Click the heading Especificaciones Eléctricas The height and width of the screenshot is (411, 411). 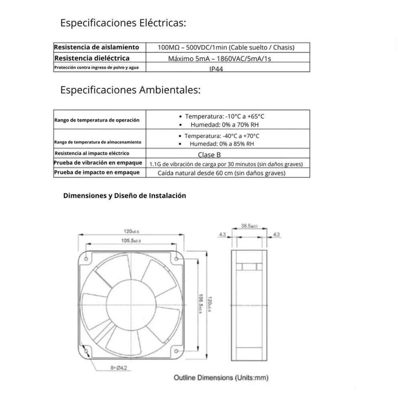click(x=123, y=23)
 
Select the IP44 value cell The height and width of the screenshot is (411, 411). click(x=216, y=69)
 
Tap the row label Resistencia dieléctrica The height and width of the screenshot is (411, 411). click(x=92, y=58)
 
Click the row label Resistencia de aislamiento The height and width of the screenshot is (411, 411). click(x=96, y=47)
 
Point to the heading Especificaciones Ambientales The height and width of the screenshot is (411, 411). click(x=130, y=90)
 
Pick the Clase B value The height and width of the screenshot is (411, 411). click(x=209, y=155)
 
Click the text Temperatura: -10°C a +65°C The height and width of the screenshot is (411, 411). click(x=224, y=116)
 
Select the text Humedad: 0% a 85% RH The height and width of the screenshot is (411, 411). click(x=222, y=144)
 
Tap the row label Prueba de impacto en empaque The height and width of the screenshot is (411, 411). click(x=97, y=172)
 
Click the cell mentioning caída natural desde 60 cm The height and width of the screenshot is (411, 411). click(x=222, y=173)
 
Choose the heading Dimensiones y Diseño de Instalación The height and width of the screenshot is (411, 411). click(x=124, y=196)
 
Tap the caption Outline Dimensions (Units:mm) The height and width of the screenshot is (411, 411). click(x=221, y=378)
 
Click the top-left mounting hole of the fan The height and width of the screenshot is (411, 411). click(x=86, y=259)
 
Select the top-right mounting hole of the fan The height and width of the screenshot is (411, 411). click(x=176, y=259)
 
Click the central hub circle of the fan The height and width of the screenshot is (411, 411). click(x=131, y=305)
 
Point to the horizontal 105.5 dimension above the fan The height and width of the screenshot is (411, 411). click(x=130, y=240)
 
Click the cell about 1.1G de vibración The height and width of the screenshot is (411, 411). click(x=226, y=164)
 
